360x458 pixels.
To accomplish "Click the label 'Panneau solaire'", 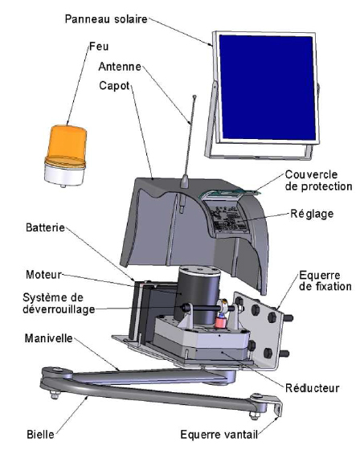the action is [106, 19].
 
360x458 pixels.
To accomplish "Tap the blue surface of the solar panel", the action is [268, 88].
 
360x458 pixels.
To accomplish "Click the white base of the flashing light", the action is [64, 174].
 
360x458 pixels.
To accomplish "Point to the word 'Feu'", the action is [99, 46].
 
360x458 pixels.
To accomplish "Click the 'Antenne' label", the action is [120, 67].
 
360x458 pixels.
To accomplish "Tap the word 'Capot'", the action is [114, 86].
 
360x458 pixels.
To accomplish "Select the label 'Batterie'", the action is [45, 227].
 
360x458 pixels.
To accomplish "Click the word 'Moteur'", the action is [44, 275].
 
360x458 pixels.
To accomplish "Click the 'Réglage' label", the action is [312, 214].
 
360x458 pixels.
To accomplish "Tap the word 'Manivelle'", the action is [49, 338].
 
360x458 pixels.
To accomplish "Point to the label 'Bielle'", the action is [41, 435].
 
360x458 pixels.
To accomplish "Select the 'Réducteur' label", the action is [313, 388].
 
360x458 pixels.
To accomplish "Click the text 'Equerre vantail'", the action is [219, 435].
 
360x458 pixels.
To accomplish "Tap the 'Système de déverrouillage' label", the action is [59, 304].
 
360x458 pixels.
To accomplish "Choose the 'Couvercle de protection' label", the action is [318, 181].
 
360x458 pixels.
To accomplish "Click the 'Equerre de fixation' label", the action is [325, 280].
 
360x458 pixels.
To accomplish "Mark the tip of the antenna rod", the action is [194, 96].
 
